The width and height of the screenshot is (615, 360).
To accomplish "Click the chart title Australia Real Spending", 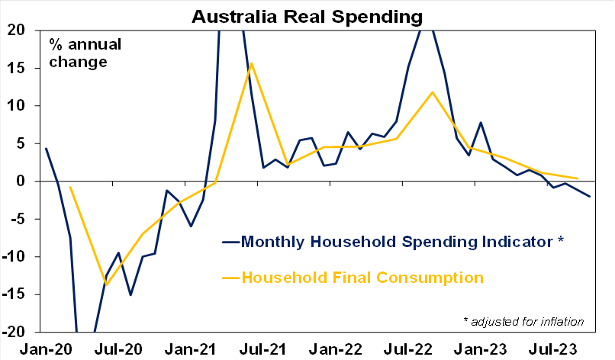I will point(307,15).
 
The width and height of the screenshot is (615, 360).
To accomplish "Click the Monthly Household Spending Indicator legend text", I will point(402,242).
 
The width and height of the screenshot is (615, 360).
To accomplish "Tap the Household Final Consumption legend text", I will point(362,277).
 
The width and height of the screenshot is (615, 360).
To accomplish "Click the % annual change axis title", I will point(79,53).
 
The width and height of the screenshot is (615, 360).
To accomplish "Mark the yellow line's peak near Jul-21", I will point(251,63).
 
